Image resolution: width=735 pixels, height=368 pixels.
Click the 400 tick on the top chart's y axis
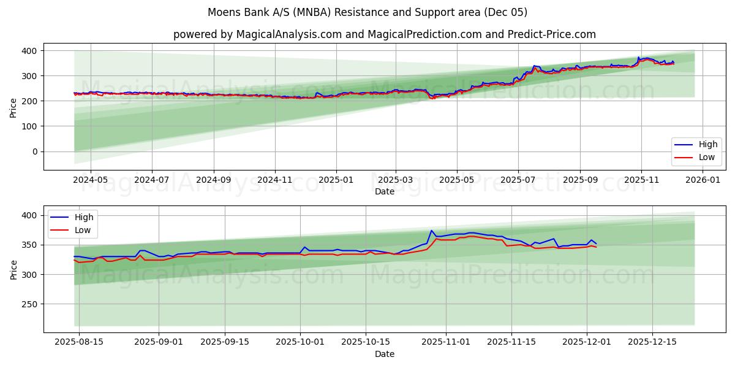(x=29, y=51)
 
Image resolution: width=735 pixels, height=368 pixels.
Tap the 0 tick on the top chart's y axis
(x=34, y=151)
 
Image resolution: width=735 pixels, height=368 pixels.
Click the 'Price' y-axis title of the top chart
(x=13, y=108)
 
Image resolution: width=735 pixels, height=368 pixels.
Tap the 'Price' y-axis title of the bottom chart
(x=13, y=269)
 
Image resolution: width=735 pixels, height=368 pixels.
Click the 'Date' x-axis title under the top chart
(x=384, y=191)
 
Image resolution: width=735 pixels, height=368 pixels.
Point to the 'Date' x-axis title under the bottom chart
(x=384, y=354)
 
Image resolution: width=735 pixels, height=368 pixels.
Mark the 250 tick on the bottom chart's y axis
(x=29, y=304)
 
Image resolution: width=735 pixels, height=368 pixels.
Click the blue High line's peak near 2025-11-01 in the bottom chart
(x=431, y=231)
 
